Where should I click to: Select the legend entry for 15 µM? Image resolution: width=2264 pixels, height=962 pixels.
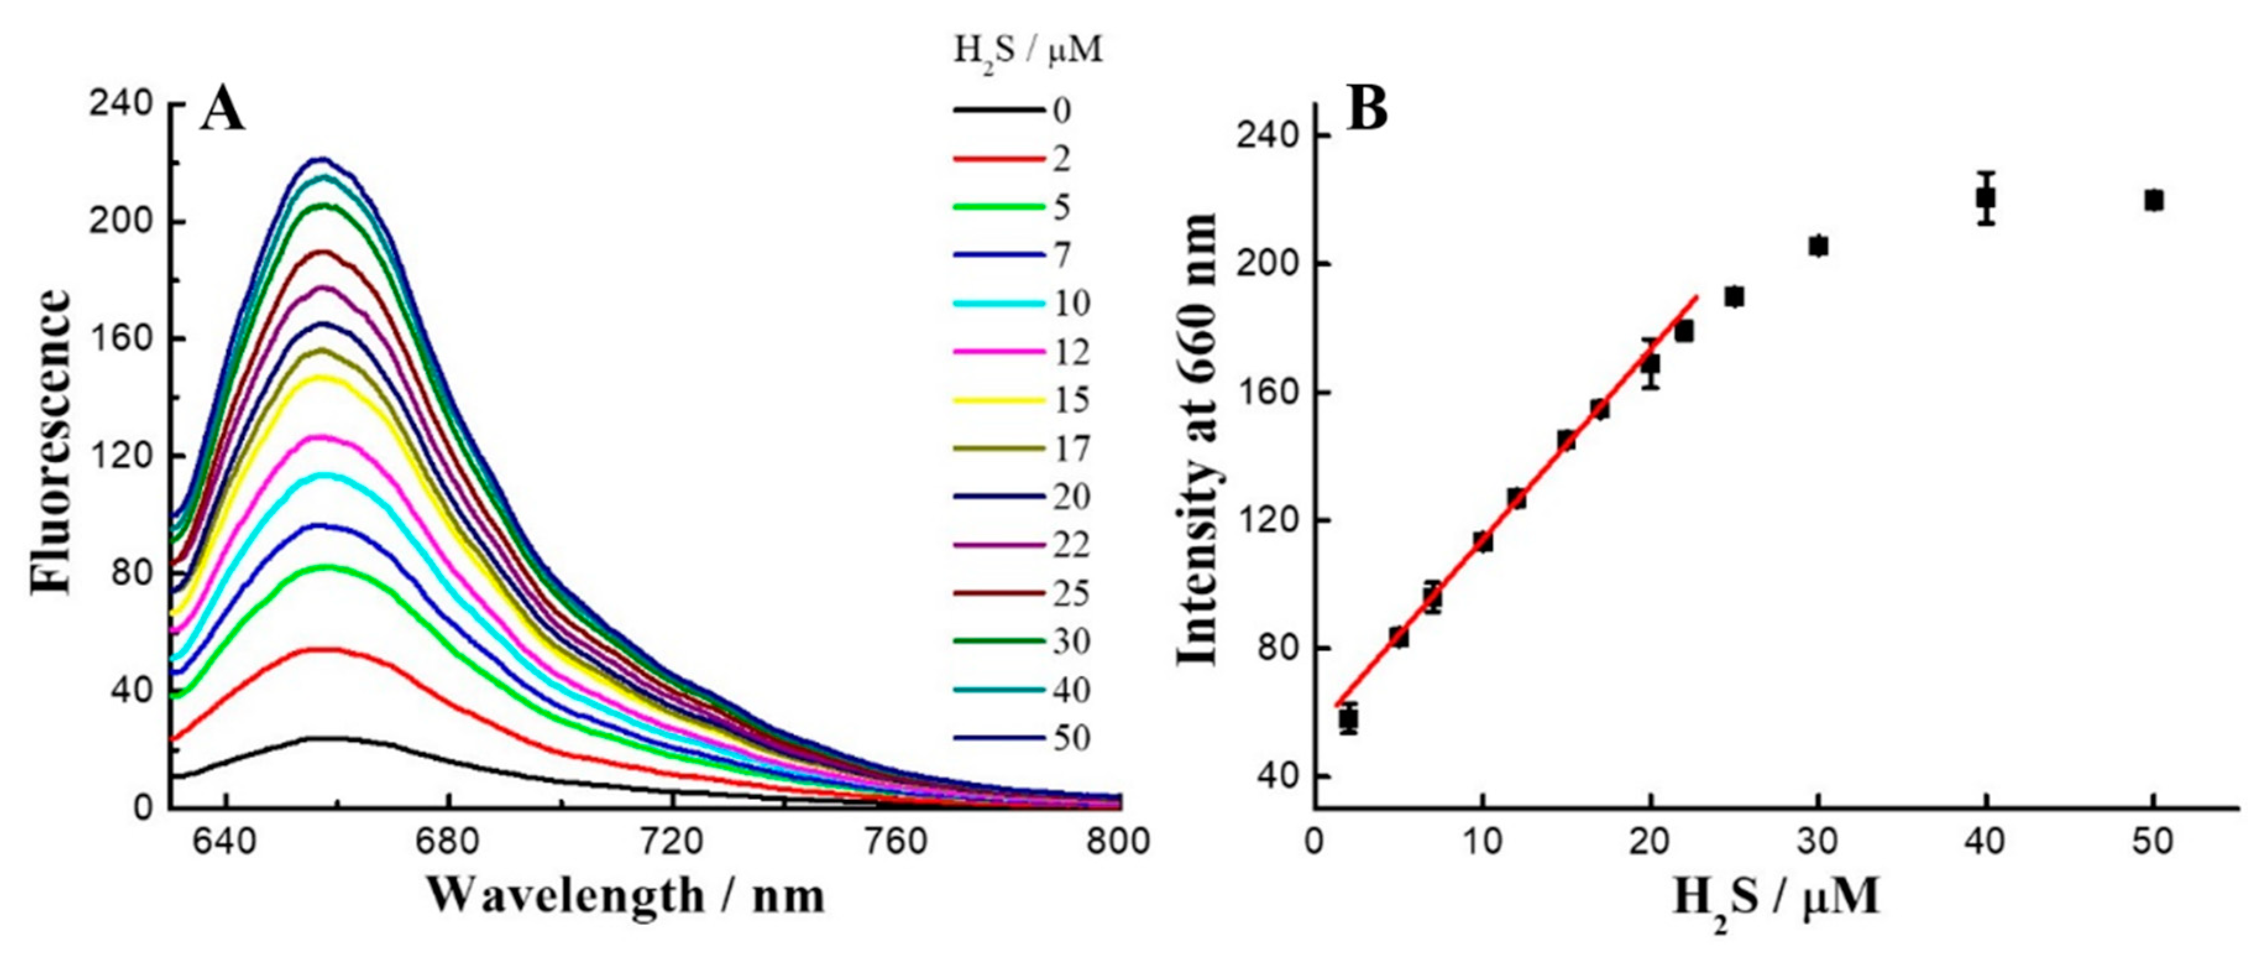pyautogui.click(x=1071, y=400)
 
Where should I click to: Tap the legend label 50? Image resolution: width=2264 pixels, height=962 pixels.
pyautogui.click(x=1071, y=738)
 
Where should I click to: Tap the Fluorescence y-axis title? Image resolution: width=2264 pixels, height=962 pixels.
pyautogui.click(x=51, y=442)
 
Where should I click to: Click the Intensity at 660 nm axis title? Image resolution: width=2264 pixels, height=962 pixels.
pyautogui.click(x=1197, y=440)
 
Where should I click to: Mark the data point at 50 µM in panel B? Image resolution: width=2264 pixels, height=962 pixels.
pyautogui.click(x=2153, y=200)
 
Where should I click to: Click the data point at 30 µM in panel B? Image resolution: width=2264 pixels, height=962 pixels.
pyautogui.click(x=1818, y=246)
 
